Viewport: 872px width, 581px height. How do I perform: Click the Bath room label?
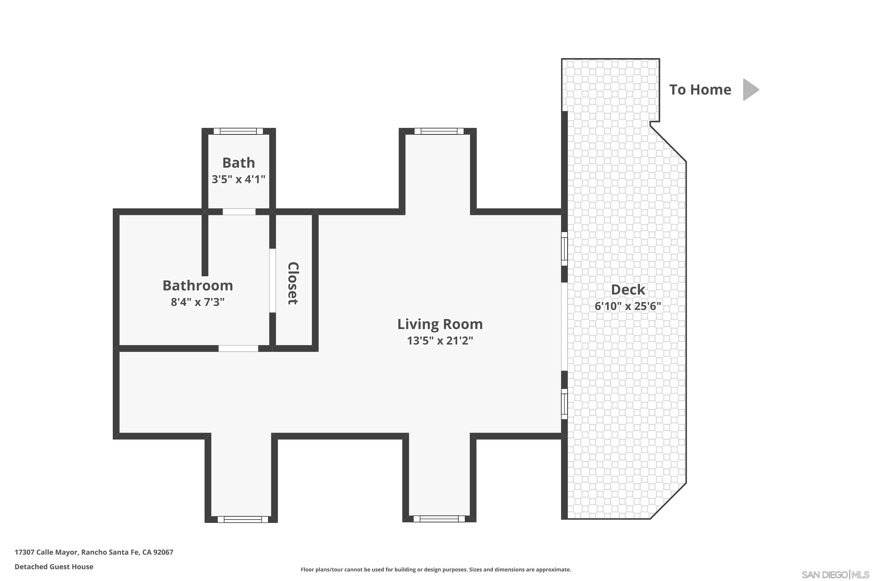(238, 163)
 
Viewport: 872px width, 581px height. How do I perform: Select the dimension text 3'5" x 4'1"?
(238, 179)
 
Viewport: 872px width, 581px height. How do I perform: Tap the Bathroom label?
(198, 286)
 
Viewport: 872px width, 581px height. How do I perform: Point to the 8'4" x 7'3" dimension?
(198, 302)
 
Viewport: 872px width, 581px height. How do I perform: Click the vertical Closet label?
(293, 284)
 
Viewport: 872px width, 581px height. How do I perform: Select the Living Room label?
(440, 324)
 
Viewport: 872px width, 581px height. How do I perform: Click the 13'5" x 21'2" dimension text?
(440, 340)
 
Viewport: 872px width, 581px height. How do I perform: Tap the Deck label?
(628, 290)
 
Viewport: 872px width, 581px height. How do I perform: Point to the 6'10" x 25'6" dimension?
(628, 306)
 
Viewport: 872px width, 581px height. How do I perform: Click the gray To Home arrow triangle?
(749, 90)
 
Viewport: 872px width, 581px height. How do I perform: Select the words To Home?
(700, 90)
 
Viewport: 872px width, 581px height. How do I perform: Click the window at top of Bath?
(238, 131)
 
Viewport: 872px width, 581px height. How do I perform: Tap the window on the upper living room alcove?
(439, 131)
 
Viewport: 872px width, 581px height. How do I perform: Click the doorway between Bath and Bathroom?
(239, 212)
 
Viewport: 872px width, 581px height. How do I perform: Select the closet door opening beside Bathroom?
(273, 281)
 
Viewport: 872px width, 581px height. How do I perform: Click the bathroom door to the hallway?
(238, 349)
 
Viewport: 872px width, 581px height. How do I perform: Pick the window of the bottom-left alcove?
(242, 519)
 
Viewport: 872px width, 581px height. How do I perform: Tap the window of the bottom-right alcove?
(439, 519)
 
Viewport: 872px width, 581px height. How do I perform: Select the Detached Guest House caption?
(54, 566)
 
